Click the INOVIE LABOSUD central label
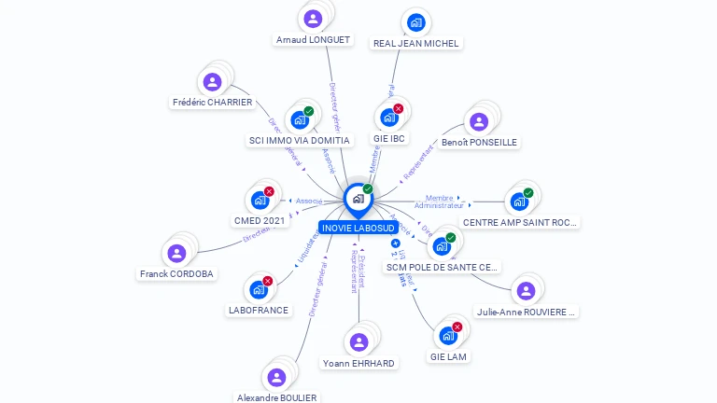tap(358, 228)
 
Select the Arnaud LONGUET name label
tap(313, 40)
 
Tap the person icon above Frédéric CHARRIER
tap(212, 82)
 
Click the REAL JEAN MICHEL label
tap(416, 43)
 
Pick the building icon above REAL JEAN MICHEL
tap(416, 22)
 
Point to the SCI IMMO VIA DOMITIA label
tap(299, 141)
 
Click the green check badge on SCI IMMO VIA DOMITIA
tap(309, 111)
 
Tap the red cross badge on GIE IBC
tap(399, 109)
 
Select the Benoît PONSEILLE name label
tap(479, 143)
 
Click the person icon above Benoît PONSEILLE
tap(479, 121)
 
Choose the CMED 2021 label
tap(260, 221)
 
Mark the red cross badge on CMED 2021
tap(269, 191)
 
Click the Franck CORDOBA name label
tap(176, 274)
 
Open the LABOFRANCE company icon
tap(258, 290)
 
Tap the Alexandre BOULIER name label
tap(276, 397)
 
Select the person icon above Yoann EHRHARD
tap(358, 342)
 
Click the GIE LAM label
tap(449, 356)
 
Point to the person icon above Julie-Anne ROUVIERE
tap(526, 291)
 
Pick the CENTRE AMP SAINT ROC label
tap(521, 223)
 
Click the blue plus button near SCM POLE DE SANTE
tap(396, 243)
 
